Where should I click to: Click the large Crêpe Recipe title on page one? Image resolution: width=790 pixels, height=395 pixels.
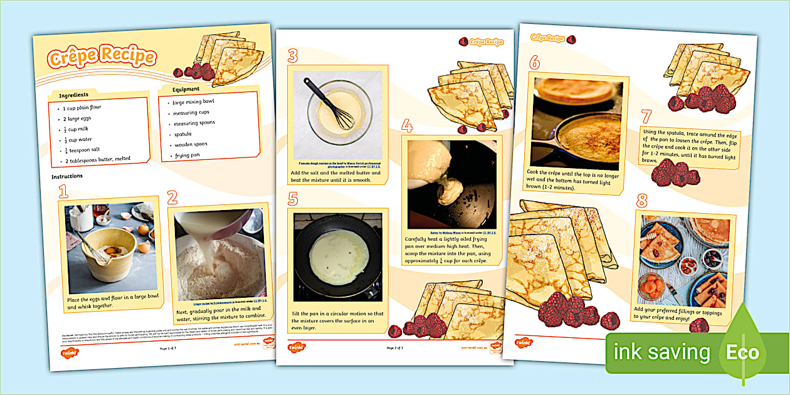(x=101, y=57)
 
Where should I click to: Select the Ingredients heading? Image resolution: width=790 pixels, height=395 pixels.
(x=73, y=95)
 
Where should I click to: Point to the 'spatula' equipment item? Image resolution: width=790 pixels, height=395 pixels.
(x=182, y=134)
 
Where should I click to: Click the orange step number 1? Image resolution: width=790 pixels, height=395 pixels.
(x=63, y=191)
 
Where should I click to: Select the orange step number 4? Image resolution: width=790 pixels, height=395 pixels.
(x=407, y=127)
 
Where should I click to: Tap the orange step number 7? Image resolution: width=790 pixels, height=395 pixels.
(x=646, y=117)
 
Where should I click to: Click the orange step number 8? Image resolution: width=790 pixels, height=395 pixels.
(x=641, y=201)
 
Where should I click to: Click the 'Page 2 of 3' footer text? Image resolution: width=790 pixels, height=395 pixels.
(x=394, y=347)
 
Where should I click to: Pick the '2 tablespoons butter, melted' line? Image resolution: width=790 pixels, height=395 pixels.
(x=97, y=159)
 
